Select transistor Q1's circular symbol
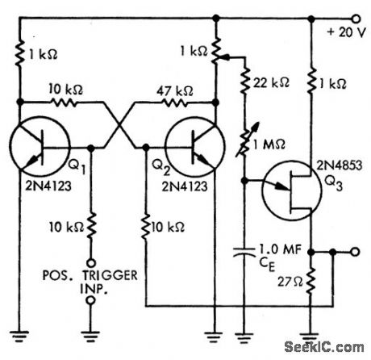click(x=40, y=149)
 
